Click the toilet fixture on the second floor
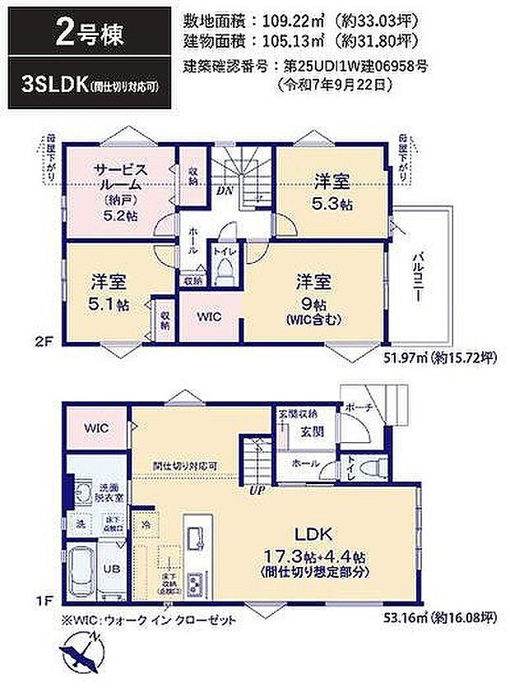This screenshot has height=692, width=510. [223, 273]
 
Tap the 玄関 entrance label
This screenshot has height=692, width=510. [309, 431]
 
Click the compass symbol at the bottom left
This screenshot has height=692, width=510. [81, 653]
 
